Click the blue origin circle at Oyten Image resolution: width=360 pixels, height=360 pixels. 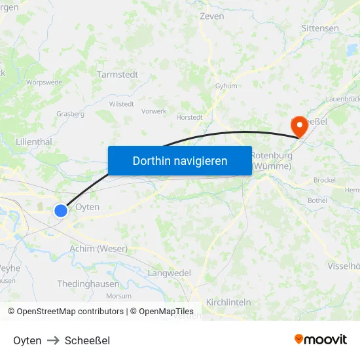[61, 210]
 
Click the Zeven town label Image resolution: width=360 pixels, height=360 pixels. [211, 16]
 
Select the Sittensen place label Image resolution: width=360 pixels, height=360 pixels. [320, 29]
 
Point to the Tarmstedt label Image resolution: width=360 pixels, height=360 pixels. [117, 75]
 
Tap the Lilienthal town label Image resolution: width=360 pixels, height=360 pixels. [33, 141]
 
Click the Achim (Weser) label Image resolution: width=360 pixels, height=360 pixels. [98, 249]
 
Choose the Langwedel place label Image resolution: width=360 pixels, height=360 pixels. [170, 273]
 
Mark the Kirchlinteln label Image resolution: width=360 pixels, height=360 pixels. [228, 302]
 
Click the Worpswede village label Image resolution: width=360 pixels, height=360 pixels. [44, 82]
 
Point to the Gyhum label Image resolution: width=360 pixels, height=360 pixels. [226, 86]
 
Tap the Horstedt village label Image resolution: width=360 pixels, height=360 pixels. [190, 118]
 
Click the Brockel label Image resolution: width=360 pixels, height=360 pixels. [325, 180]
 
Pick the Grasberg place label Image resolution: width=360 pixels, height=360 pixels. [71, 114]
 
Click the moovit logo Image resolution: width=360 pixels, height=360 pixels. [320, 340]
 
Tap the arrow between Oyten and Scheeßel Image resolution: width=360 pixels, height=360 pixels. [53, 340]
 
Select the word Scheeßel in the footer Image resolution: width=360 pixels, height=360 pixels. [87, 340]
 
